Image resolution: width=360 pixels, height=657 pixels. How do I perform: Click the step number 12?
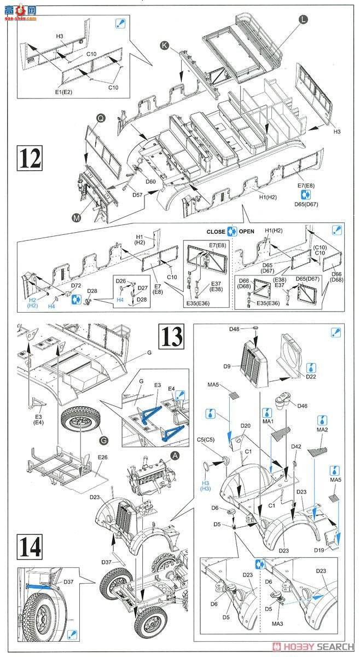[x=30, y=158]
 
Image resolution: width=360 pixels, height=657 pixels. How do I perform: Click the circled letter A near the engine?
[x=175, y=456]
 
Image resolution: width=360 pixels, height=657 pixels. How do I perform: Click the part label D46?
[x=303, y=406]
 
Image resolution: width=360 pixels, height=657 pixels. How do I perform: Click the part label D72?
[x=76, y=286]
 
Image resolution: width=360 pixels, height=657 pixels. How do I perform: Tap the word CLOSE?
[x=216, y=231]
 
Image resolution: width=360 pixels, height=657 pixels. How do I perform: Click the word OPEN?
[x=247, y=231]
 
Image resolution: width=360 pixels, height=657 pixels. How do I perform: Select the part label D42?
[x=296, y=447]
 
